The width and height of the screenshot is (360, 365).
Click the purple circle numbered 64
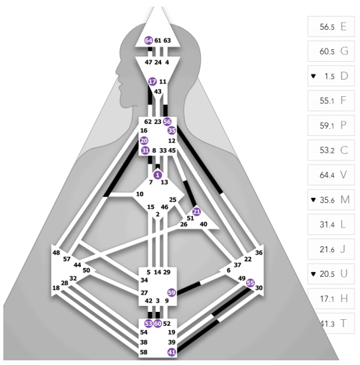(x=149, y=40)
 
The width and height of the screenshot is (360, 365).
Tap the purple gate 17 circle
(x=152, y=82)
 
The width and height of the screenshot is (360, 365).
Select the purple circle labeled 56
(x=167, y=121)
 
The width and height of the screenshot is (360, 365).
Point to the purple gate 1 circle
(x=158, y=175)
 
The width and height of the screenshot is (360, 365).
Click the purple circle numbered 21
(x=196, y=212)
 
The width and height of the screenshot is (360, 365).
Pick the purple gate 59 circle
(x=172, y=293)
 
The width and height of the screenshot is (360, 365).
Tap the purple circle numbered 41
(x=172, y=352)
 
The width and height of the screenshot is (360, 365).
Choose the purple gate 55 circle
(x=250, y=283)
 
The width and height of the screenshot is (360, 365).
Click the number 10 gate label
(x=139, y=194)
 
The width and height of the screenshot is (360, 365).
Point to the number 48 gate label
(x=56, y=253)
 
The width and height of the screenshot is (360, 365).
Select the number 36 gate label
(x=259, y=253)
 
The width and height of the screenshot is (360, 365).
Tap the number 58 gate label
(x=144, y=352)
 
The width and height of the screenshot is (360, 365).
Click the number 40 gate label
(x=204, y=224)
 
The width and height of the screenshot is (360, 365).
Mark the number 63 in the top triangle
(x=167, y=40)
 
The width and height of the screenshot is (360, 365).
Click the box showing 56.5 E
(x=331, y=27)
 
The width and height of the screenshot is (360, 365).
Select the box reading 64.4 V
(x=331, y=175)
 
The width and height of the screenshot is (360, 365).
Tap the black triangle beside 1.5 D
(x=314, y=76)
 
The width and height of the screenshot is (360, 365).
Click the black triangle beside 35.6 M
(x=314, y=200)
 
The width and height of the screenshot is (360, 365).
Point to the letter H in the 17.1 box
(x=344, y=299)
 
